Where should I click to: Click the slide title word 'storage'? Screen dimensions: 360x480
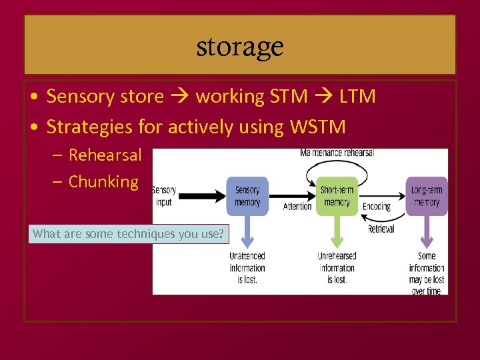pyautogui.click(x=240, y=47)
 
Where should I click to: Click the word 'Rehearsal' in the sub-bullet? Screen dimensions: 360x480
pyautogui.click(x=105, y=155)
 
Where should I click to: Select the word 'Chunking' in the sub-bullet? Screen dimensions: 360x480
pyautogui.click(x=103, y=181)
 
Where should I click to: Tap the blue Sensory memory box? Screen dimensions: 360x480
pyautogui.click(x=247, y=196)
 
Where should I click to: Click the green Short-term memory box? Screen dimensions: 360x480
pyautogui.click(x=337, y=196)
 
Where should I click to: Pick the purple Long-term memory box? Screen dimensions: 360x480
pyautogui.click(x=426, y=196)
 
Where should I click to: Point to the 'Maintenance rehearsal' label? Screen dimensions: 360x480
pyautogui.click(x=337, y=153)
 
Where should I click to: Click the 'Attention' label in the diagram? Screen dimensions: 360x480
pyautogui.click(x=297, y=207)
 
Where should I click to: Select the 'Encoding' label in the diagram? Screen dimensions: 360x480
pyautogui.click(x=376, y=207)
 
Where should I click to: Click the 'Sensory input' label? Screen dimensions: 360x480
pyautogui.click(x=164, y=196)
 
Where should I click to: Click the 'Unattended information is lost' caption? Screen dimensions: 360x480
pyautogui.click(x=247, y=268)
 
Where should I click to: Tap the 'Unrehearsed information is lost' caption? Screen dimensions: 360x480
pyautogui.click(x=337, y=268)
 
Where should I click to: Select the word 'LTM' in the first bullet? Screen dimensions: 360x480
pyautogui.click(x=357, y=97)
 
